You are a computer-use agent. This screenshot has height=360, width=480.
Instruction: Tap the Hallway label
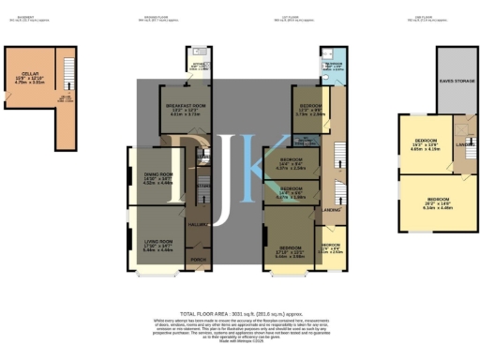tap(197, 224)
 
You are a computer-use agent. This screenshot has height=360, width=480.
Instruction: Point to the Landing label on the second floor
tap(463, 144)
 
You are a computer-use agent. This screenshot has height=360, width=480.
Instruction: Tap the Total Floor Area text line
tap(240, 312)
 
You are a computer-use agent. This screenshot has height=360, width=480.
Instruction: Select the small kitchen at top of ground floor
tap(199, 66)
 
